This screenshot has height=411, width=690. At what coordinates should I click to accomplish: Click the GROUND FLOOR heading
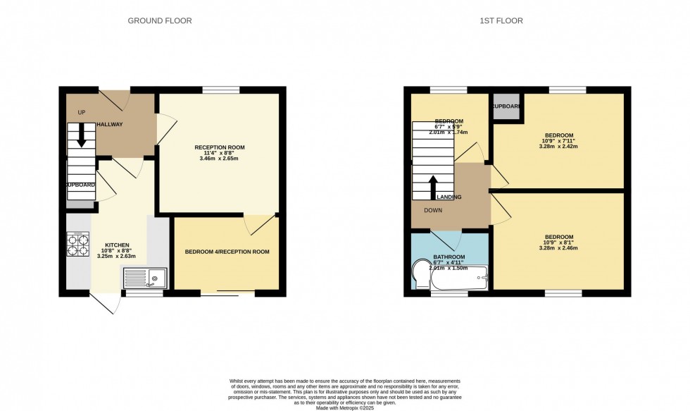click(159, 20)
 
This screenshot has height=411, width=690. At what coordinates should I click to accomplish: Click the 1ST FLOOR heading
click(502, 20)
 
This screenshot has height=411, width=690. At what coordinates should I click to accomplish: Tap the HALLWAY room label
click(110, 125)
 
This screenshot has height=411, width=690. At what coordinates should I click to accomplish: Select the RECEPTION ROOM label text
click(220, 147)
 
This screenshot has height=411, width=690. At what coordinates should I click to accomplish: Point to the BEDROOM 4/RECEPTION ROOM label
click(227, 252)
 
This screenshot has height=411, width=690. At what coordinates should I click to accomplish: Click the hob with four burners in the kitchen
click(77, 244)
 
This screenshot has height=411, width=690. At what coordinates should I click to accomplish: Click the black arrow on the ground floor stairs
click(81, 134)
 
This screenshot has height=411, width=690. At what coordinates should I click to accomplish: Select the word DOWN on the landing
click(434, 210)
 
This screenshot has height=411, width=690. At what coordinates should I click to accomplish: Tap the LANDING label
click(449, 197)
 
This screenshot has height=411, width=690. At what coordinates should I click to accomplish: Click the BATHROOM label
click(448, 257)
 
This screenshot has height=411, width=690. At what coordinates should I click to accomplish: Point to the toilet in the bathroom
click(420, 276)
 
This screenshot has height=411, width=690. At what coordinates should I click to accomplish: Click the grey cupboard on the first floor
click(506, 107)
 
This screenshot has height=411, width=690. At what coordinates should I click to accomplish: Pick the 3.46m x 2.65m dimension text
click(220, 159)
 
